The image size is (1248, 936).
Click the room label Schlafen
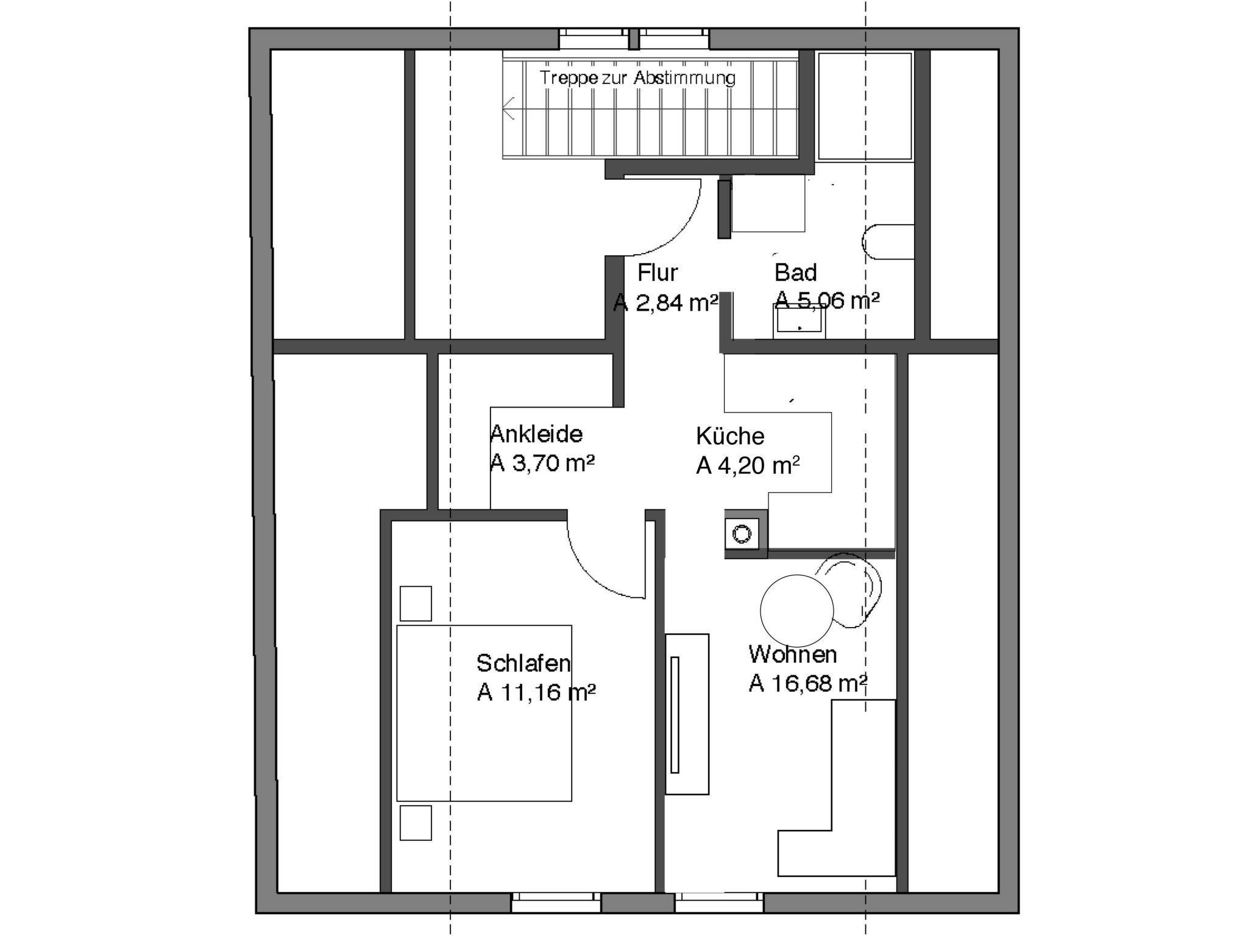[x=523, y=662]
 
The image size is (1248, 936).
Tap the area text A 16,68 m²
[x=808, y=684]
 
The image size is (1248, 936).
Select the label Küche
[x=730, y=436]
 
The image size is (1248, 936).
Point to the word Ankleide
[x=536, y=434]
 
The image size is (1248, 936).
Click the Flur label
[x=658, y=272]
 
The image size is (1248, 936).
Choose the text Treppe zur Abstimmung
[x=638, y=78]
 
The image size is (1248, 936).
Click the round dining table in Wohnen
[x=796, y=609]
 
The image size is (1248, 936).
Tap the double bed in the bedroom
[x=484, y=713]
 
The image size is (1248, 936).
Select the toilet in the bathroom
[x=888, y=242]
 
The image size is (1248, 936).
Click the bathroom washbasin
[x=799, y=322]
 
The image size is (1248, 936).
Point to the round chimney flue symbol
[x=742, y=534]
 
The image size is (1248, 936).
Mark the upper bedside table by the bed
[x=416, y=603]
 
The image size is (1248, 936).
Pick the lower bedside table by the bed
[x=416, y=823]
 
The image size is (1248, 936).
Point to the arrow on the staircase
[x=510, y=109]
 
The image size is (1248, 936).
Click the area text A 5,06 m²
[x=827, y=300]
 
